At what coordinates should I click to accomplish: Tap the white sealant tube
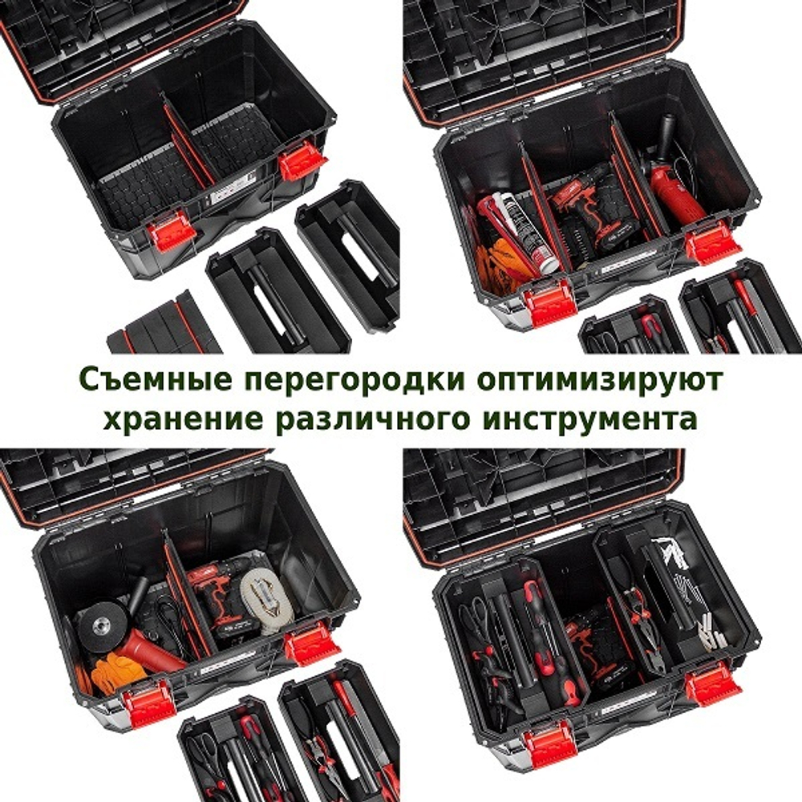click(525, 229)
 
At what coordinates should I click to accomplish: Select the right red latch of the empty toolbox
click(302, 160)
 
